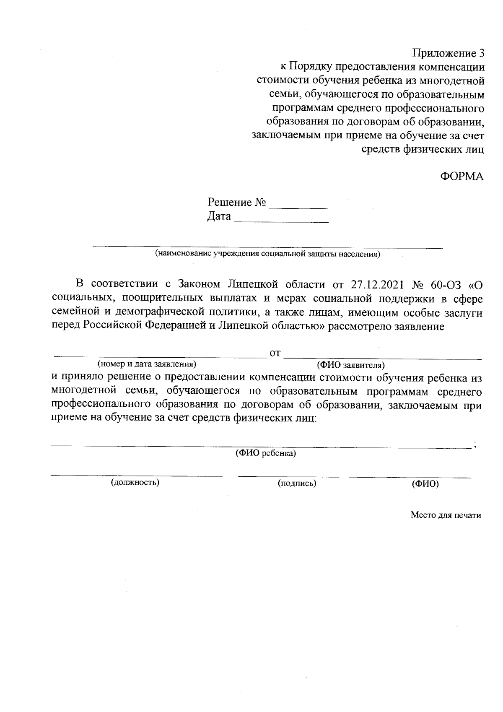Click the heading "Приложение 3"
pyautogui.click(x=448, y=53)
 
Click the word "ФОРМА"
pyautogui.click(x=462, y=177)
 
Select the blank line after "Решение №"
pyautogui.click(x=298, y=208)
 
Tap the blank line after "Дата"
pyautogui.click(x=281, y=221)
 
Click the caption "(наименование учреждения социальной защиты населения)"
pyautogui.click(x=267, y=254)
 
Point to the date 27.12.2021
pyautogui.click(x=376, y=285)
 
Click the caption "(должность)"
pyautogui.click(x=135, y=483)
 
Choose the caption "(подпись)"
pyautogui.click(x=297, y=483)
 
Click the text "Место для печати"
pyautogui.click(x=446, y=515)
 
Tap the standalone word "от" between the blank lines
pyautogui.click(x=275, y=353)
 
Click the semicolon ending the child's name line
pyautogui.click(x=474, y=445)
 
